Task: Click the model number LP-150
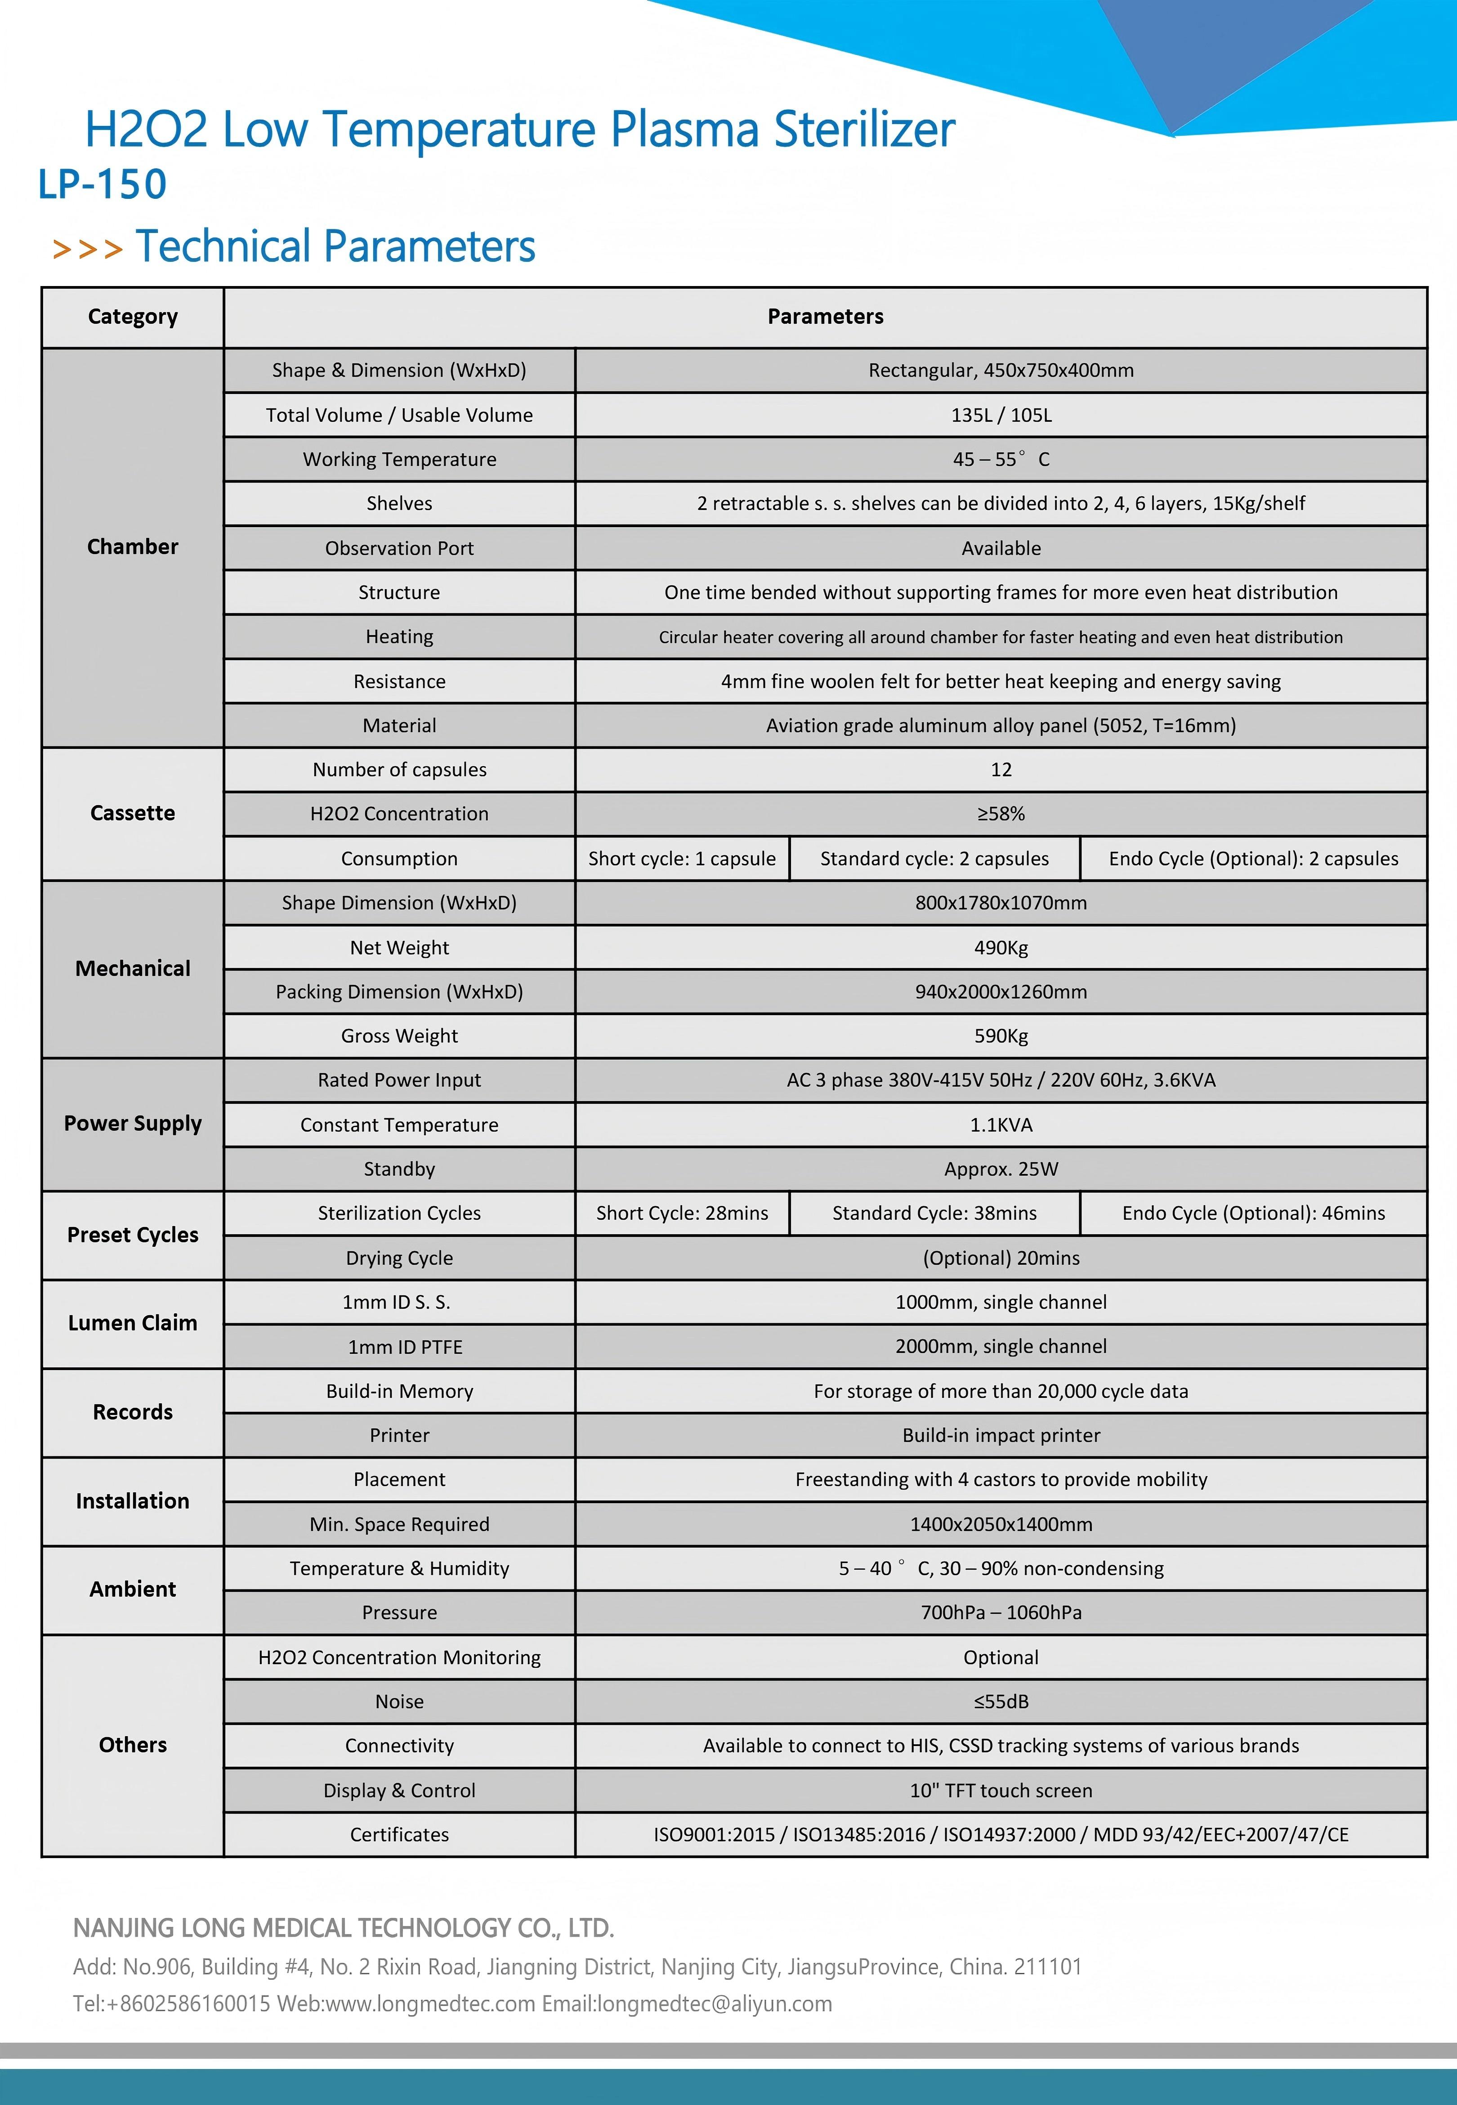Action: point(102,184)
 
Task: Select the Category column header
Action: point(132,317)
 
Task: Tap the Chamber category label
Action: point(132,547)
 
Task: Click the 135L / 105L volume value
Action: point(1001,415)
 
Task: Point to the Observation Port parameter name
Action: point(399,549)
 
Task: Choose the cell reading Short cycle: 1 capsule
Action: point(682,859)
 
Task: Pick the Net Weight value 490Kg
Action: point(1001,948)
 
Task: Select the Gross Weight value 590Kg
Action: point(1001,1036)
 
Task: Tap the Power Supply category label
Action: point(132,1124)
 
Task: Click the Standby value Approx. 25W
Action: point(1001,1169)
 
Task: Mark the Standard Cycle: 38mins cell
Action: point(934,1213)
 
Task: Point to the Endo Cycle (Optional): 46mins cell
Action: point(1252,1213)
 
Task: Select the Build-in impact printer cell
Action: point(1001,1436)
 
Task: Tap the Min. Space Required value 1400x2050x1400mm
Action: point(1001,1524)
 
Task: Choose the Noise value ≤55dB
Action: point(1001,1702)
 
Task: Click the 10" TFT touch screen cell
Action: point(1001,1791)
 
